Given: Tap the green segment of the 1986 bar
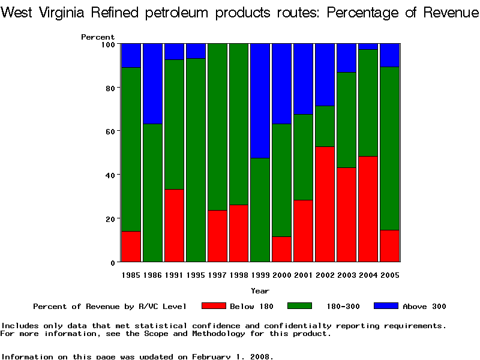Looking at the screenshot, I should pyautogui.click(x=152, y=193).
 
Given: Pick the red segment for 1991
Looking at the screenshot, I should pyautogui.click(x=174, y=226).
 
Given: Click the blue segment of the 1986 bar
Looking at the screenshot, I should pyautogui.click(x=152, y=83).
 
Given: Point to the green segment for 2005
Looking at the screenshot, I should pyautogui.click(x=390, y=148).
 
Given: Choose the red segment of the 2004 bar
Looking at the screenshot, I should pyautogui.click(x=368, y=209).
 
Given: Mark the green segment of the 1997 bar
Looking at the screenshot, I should pyautogui.click(x=217, y=127).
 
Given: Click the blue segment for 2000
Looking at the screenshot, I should pyautogui.click(x=282, y=83).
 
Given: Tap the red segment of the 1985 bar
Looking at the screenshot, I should pyautogui.click(x=131, y=247).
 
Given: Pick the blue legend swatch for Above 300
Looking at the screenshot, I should pyautogui.click(x=386, y=306).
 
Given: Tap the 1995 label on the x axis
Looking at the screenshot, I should pyautogui.click(x=196, y=275).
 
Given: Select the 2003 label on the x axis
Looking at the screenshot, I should pyautogui.click(x=347, y=275).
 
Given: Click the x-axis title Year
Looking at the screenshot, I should pyautogui.click(x=260, y=291).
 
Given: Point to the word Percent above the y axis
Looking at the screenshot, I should pyautogui.click(x=98, y=37).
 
